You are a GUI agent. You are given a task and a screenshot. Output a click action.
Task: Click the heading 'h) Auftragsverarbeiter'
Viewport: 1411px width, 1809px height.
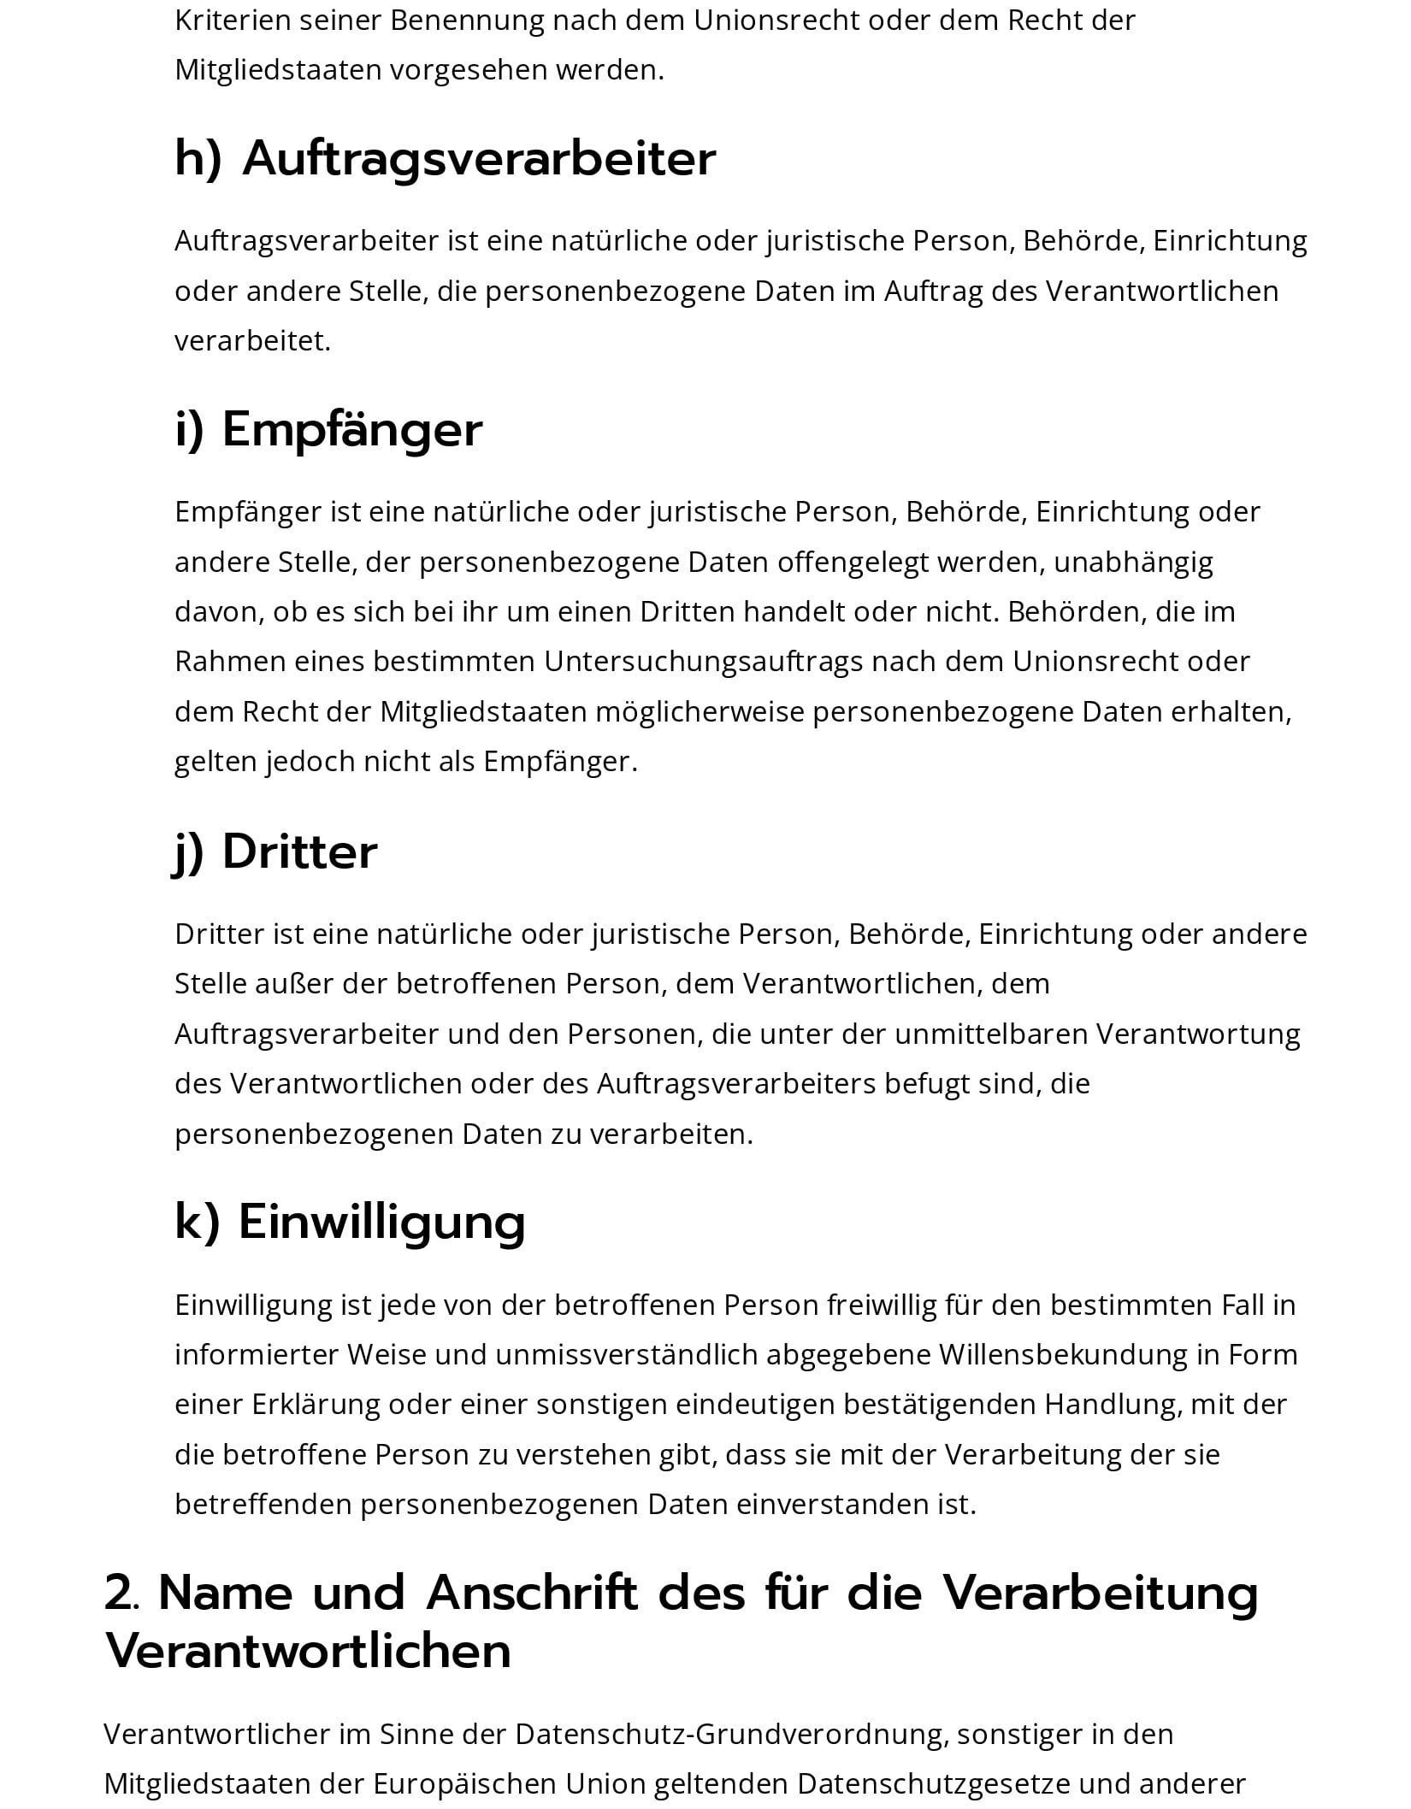pyautogui.click(x=445, y=159)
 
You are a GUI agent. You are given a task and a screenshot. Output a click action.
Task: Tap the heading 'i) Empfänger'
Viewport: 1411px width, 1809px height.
pyautogui.click(x=328, y=429)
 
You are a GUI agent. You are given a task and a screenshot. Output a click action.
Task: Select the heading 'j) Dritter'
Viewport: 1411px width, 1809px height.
pyautogui.click(x=275, y=851)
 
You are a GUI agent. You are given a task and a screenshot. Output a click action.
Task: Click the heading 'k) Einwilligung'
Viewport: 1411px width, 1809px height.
pyautogui.click(x=350, y=1222)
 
